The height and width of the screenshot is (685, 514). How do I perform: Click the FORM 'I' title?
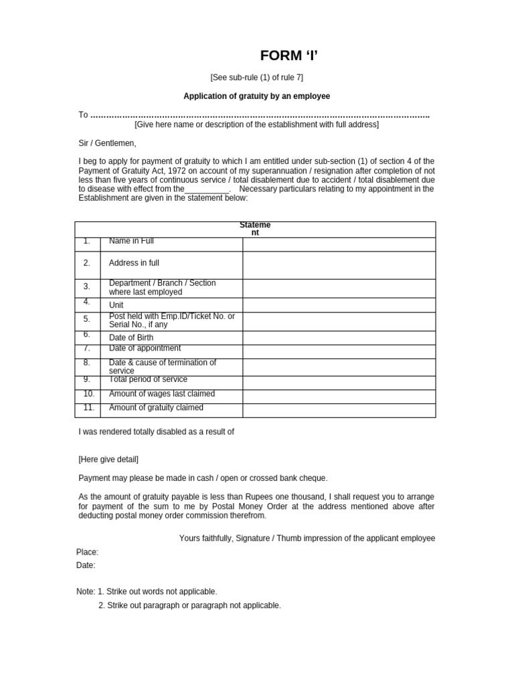[x=284, y=56]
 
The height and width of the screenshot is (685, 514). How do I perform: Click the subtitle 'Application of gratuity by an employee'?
[x=257, y=96]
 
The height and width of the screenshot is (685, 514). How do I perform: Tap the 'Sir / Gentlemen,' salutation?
[x=107, y=143]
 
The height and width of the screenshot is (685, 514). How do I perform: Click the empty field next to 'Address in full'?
[x=339, y=265]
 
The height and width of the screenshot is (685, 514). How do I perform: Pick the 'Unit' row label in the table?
[x=116, y=305]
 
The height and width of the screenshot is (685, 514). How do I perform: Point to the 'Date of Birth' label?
[x=131, y=338]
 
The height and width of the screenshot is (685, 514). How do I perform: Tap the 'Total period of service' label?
[x=148, y=379]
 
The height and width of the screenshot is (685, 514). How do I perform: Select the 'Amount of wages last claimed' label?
[x=162, y=394]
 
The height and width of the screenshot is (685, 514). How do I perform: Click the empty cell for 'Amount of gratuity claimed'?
[x=339, y=410]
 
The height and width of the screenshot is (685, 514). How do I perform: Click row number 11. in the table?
[x=89, y=407]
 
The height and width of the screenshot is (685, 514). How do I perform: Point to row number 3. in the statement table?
[x=87, y=286]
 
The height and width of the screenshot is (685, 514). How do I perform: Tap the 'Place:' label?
[x=87, y=552]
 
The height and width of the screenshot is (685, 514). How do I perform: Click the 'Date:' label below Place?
[x=86, y=565]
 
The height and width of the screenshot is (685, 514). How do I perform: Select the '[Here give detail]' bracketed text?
[x=108, y=460]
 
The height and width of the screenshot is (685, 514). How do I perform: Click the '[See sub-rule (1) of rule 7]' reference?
[x=257, y=78]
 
